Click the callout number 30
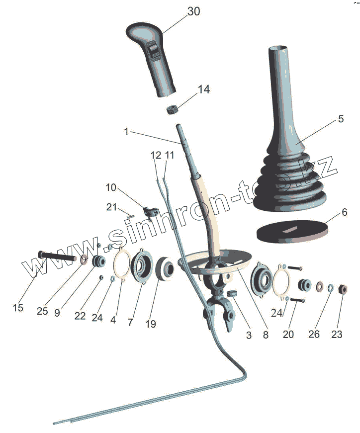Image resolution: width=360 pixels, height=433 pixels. click(194, 11)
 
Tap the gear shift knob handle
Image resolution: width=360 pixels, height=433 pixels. click(151, 59)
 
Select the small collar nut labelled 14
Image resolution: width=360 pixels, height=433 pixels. click(173, 109)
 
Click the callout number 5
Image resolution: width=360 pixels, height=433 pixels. click(341, 119)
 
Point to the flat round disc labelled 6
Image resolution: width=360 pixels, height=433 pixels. click(292, 231)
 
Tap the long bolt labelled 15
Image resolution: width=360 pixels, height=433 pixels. click(57, 256)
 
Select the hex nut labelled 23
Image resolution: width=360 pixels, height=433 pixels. click(343, 289)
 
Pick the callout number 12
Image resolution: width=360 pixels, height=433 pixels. click(156, 155)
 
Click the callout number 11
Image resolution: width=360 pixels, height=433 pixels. click(170, 155)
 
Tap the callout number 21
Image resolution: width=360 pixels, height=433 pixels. click(111, 207)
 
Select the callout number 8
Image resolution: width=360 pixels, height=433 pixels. click(266, 335)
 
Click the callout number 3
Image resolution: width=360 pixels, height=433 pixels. click(249, 335)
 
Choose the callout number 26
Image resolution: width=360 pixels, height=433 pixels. click(314, 334)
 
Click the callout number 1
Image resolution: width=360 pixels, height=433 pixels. click(126, 131)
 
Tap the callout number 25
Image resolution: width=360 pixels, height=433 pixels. click(42, 311)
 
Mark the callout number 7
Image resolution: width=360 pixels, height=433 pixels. click(130, 322)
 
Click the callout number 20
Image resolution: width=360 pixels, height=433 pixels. click(288, 334)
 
